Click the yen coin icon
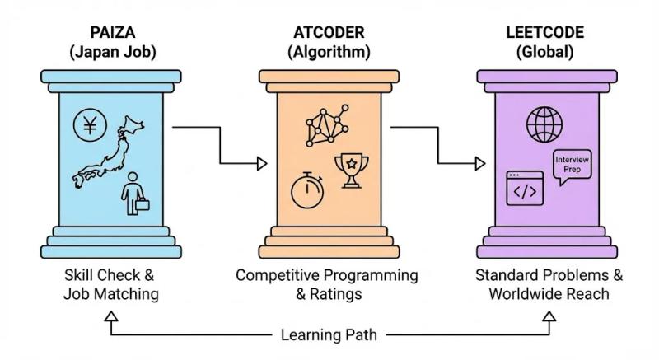[90, 124]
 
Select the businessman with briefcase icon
[134, 194]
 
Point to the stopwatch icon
[306, 189]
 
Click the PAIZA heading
[110, 34]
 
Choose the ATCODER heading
[329, 34]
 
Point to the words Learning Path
[329, 335]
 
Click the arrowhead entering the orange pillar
[263, 163]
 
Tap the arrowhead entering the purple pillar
[480, 163]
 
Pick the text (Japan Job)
[110, 51]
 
